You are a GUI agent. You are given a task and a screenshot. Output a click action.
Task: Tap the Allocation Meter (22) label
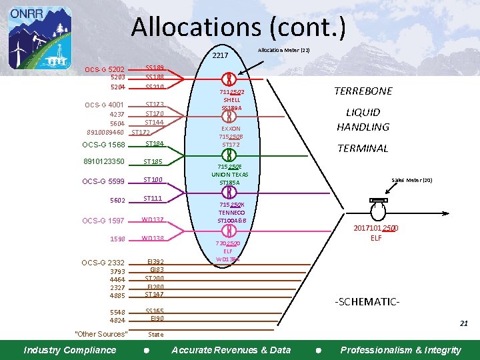tap(283, 50)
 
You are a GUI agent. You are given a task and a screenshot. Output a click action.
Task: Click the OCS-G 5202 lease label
tap(105, 69)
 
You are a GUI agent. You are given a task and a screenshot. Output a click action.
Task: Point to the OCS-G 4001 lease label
tap(105, 105)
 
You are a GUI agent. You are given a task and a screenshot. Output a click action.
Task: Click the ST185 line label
tap(153, 162)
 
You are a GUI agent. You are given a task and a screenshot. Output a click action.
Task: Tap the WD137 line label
tap(153, 220)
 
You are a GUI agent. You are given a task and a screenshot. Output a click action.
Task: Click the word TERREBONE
tap(363, 91)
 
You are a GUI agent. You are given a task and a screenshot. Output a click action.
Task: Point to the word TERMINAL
tap(363, 149)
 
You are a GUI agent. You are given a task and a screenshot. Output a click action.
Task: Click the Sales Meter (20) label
tap(412, 180)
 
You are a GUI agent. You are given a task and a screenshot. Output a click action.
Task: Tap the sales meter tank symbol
tap(377, 211)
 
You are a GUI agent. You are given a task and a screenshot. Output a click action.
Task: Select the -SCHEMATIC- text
tap(367, 301)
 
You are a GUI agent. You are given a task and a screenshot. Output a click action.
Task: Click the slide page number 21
tap(463, 323)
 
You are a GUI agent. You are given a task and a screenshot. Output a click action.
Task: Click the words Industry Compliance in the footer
tap(69, 350)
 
